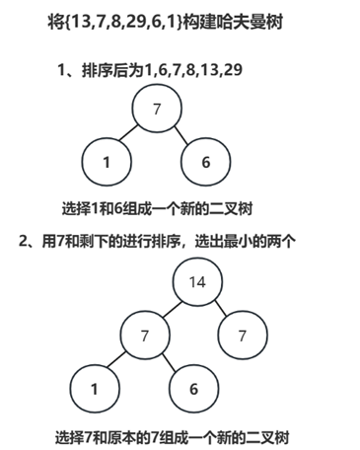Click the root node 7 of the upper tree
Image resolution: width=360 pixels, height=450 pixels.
pyautogui.click(x=157, y=110)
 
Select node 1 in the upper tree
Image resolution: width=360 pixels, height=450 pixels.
pyautogui.click(x=106, y=162)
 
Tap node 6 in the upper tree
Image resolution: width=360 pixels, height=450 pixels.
pyautogui.click(x=206, y=162)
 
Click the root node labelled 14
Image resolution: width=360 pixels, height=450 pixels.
pyautogui.click(x=196, y=281)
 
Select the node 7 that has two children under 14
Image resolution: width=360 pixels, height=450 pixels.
pyautogui.click(x=145, y=336)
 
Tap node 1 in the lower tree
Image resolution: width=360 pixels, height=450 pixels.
pyautogui.click(x=95, y=389)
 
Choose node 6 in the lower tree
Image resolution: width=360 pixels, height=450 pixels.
pyautogui.click(x=195, y=389)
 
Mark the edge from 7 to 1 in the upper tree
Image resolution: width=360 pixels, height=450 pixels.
pyautogui.click(x=131, y=135)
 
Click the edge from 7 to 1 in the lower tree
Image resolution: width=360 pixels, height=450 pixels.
pyautogui.click(x=119, y=362)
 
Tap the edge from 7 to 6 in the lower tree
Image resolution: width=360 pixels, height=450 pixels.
pyautogui.click(x=170, y=362)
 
